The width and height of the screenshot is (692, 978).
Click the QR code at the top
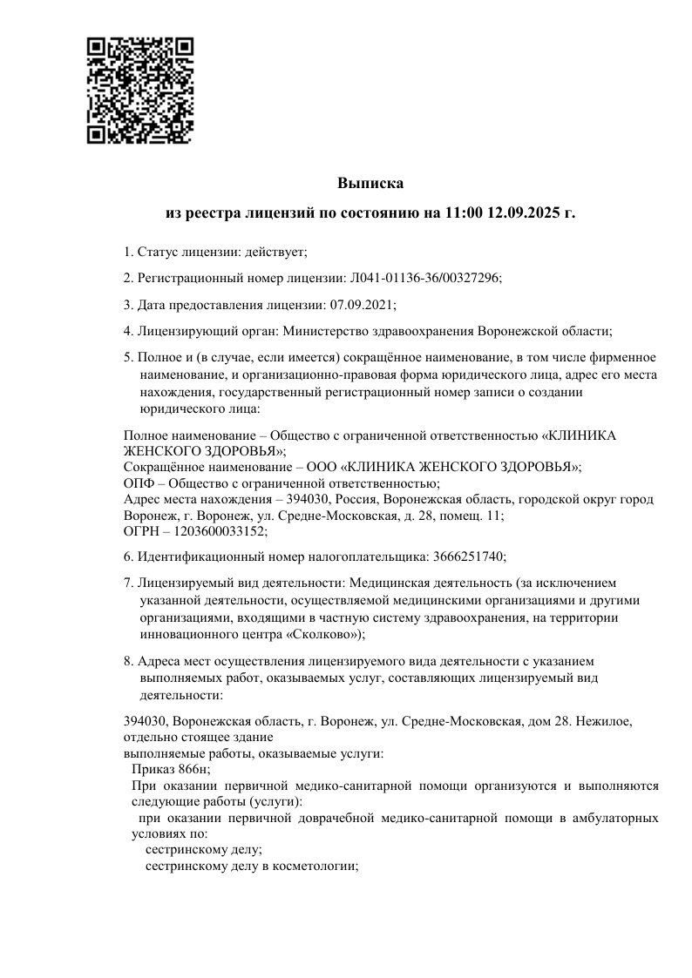139,90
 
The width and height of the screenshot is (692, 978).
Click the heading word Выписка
370,184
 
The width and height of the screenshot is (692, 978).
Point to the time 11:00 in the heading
465,212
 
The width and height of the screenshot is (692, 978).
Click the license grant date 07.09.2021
363,304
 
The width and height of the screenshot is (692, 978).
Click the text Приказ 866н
171,769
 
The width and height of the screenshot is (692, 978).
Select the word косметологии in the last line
316,867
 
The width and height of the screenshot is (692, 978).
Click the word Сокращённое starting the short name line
164,468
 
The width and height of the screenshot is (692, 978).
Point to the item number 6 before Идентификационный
128,556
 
